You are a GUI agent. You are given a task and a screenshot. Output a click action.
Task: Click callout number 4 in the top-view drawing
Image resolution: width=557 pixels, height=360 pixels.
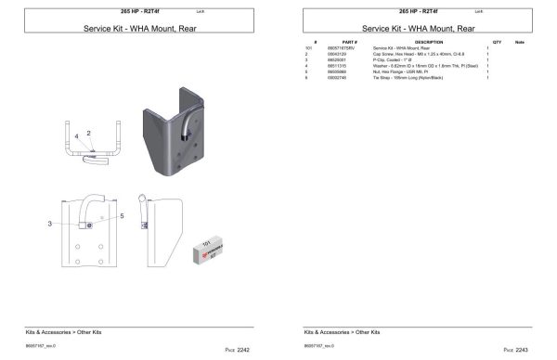click(77, 136)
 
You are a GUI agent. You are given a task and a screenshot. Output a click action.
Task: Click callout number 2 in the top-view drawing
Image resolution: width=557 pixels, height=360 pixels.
click(89, 133)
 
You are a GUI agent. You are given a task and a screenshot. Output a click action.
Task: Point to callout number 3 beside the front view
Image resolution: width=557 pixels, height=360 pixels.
click(49, 224)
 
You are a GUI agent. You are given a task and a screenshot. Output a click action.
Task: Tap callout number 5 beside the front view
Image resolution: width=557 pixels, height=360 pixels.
click(120, 216)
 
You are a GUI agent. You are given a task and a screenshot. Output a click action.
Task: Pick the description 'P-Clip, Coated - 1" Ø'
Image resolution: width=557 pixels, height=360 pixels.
click(393, 58)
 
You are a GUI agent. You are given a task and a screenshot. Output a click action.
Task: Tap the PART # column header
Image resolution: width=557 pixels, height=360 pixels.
click(350, 42)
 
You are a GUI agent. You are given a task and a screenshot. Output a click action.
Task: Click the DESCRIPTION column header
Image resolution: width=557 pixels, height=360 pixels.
click(429, 42)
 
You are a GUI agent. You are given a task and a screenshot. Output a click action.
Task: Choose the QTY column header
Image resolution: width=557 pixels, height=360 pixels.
click(498, 42)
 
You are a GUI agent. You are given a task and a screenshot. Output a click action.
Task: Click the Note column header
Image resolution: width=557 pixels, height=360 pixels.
click(520, 42)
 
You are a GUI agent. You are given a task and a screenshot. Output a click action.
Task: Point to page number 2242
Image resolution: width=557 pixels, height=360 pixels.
click(243, 350)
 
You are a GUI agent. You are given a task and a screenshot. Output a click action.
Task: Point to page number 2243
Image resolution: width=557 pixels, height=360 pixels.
click(521, 350)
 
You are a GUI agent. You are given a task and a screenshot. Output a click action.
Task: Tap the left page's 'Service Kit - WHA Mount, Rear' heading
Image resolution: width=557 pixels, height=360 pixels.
click(140, 29)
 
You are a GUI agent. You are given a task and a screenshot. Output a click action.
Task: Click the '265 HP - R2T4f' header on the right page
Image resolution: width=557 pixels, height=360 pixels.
click(416, 10)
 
